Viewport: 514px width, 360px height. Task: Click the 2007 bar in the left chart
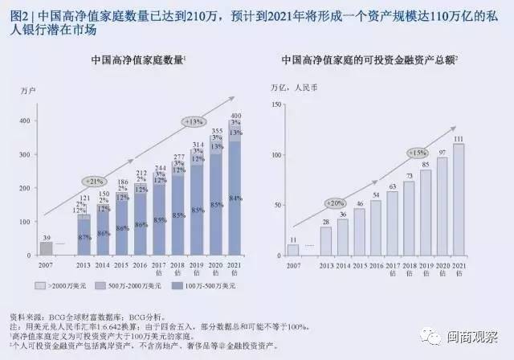(46, 248)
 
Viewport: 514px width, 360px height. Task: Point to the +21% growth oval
(92, 181)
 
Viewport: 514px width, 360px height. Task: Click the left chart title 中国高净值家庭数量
(137, 59)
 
